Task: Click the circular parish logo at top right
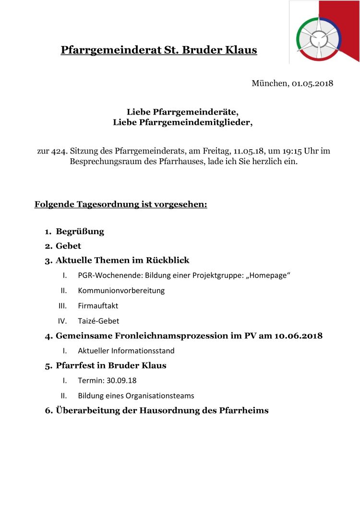319,38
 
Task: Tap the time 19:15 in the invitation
287,151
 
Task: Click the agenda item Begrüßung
80,232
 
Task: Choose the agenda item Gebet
68,246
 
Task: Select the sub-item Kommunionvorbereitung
121,291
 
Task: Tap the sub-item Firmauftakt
98,306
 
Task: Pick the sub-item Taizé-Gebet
98,321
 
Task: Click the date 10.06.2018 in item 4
298,336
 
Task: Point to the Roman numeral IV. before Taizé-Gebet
62,321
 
